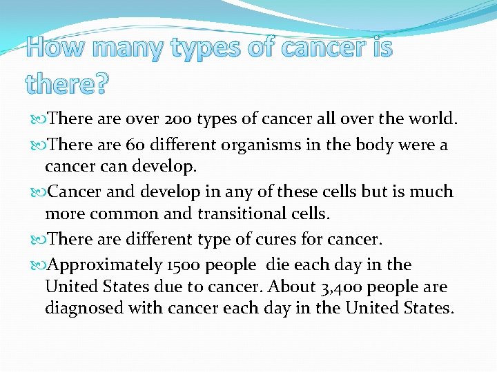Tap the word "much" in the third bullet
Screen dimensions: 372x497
coord(430,192)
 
